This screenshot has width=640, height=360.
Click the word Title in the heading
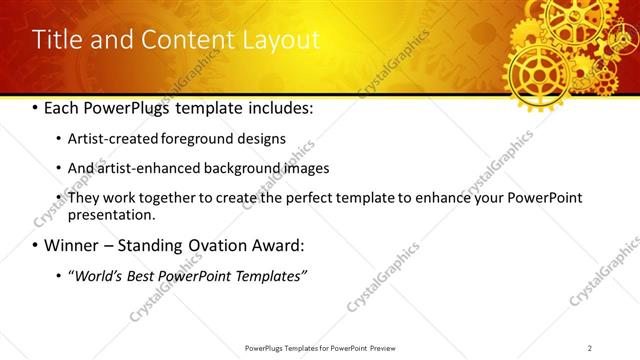click(x=54, y=40)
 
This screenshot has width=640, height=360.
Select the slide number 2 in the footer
click(x=590, y=348)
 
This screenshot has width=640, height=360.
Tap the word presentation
click(x=110, y=214)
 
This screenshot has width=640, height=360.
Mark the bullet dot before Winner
click(x=35, y=245)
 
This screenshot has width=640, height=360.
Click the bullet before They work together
click(x=57, y=198)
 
